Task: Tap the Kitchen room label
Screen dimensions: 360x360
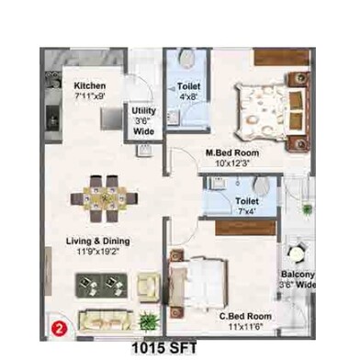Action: point(90,85)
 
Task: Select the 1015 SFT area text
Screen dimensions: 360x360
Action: point(164,348)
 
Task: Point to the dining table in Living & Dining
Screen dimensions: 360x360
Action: point(104,198)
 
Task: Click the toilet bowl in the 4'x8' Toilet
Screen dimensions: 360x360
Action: point(187,59)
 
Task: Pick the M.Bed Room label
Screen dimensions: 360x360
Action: point(232,152)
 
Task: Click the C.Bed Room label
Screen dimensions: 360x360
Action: point(245,316)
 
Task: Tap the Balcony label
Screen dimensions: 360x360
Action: point(298,274)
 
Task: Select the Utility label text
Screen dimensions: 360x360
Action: point(143,110)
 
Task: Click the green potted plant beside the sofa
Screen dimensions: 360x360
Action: point(149,321)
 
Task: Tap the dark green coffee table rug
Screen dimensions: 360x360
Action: point(101,286)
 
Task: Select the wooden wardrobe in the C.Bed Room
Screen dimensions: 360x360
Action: point(245,228)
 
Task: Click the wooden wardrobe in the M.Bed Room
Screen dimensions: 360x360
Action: point(282,57)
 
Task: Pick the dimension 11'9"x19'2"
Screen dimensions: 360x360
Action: point(97,252)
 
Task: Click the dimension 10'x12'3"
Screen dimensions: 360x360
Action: point(233,163)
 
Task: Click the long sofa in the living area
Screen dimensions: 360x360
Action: point(107,321)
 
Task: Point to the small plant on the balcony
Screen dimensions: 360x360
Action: point(307,209)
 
